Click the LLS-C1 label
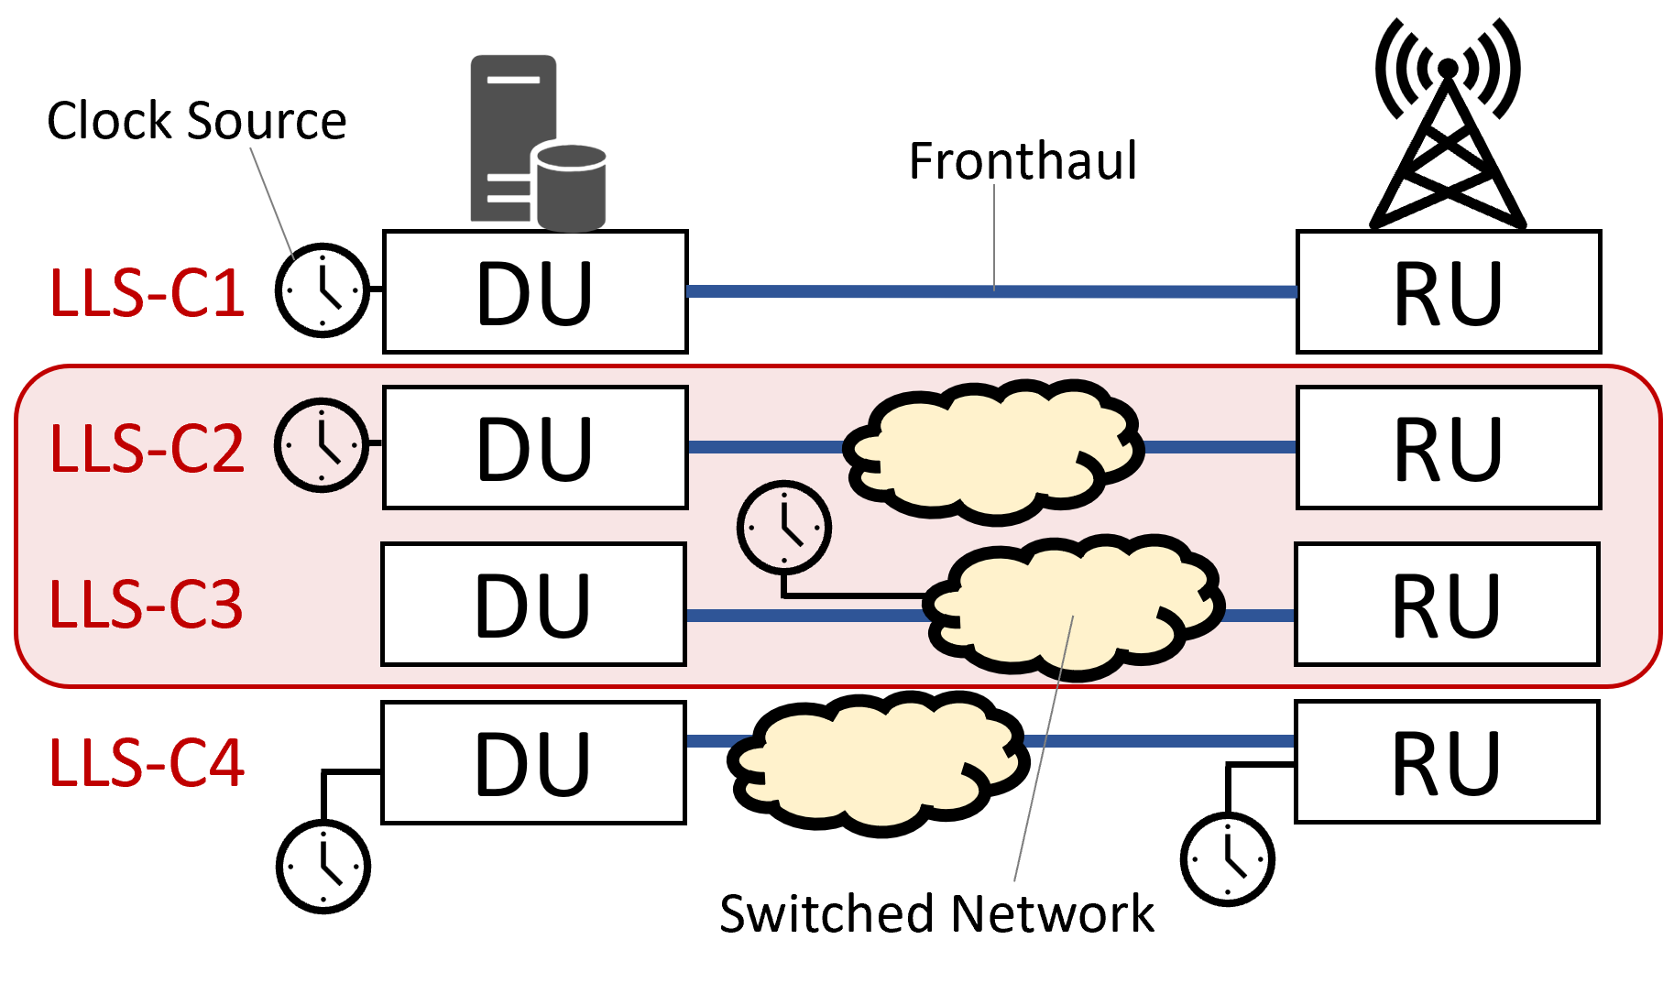pos(147,294)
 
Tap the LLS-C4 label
pos(147,763)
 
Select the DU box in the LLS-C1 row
pos(535,292)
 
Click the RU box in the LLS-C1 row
pos(1448,292)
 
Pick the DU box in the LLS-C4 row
pos(533,762)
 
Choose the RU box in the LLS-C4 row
pos(1447,762)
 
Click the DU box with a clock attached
pos(535,447)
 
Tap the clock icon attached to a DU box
pos(322,445)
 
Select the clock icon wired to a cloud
pos(784,528)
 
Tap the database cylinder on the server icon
pos(571,188)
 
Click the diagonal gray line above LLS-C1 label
pos(272,203)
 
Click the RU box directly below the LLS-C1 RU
pos(1448,447)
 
